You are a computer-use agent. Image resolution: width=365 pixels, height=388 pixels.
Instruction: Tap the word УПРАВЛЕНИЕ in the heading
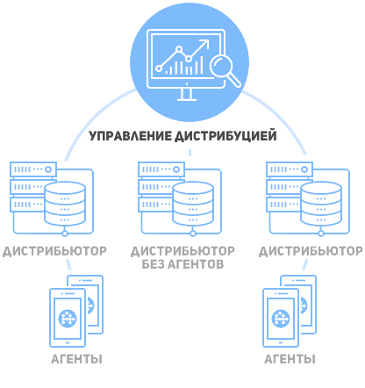[x=131, y=136]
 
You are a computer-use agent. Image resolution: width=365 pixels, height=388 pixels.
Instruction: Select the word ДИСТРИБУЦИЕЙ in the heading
[x=225, y=136]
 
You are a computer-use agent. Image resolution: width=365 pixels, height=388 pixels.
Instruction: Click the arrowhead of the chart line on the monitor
[x=205, y=43]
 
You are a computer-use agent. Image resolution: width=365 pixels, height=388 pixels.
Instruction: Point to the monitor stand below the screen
[x=187, y=95]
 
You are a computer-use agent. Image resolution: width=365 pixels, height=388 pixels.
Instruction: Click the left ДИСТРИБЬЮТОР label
[x=54, y=251]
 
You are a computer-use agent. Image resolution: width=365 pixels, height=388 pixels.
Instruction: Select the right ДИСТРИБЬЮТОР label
[x=311, y=251]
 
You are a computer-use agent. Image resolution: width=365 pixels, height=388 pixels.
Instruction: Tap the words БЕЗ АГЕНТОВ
[x=182, y=264]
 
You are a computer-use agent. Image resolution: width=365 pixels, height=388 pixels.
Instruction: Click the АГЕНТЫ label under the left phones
[x=76, y=359]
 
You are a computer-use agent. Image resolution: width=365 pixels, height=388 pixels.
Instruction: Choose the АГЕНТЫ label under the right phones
[x=290, y=359]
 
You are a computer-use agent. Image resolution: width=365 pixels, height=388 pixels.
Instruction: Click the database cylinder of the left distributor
[x=65, y=204]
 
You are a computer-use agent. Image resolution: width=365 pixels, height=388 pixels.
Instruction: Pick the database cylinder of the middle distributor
[x=193, y=204]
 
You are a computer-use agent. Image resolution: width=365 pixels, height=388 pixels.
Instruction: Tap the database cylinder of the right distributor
[x=321, y=204]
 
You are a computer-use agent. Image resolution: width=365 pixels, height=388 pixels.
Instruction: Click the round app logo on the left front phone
[x=68, y=318]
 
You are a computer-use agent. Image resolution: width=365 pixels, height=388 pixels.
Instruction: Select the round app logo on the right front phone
[x=281, y=318]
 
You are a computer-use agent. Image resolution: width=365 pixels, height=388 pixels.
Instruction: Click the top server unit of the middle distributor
[x=161, y=169]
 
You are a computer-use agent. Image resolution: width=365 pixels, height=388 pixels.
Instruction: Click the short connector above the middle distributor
[x=190, y=152]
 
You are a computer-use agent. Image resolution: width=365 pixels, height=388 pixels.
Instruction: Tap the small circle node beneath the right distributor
[x=321, y=234]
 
